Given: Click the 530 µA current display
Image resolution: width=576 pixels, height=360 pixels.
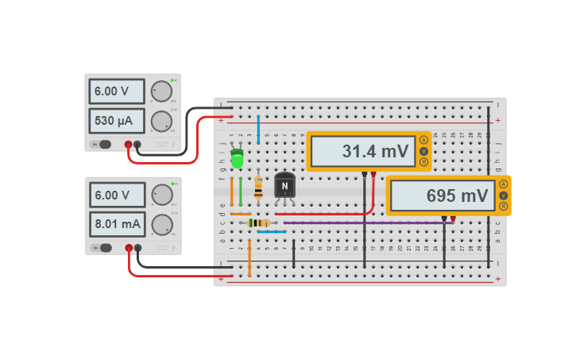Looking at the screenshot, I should pyautogui.click(x=116, y=122).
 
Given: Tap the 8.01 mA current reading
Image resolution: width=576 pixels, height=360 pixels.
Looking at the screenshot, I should pyautogui.click(x=116, y=225).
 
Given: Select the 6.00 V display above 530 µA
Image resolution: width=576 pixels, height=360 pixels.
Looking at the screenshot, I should pyautogui.click(x=116, y=91).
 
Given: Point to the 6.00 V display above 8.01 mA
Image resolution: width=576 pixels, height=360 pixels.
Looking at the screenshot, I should pyautogui.click(x=116, y=195).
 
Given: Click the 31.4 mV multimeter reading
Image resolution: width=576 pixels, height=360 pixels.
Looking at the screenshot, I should pyautogui.click(x=361, y=151).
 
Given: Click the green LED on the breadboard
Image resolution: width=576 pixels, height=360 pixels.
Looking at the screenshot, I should pyautogui.click(x=237, y=159).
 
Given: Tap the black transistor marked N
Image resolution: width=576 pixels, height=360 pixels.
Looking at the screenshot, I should pyautogui.click(x=284, y=187).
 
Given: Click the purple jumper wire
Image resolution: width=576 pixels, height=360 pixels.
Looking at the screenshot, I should pyautogui.click(x=365, y=223).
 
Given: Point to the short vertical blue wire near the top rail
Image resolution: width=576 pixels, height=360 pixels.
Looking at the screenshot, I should pyautogui.click(x=258, y=127).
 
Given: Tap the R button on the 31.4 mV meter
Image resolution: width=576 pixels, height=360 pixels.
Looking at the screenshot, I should pyautogui.click(x=423, y=162).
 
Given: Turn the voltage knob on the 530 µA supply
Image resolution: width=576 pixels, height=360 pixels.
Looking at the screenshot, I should pyautogui.click(x=161, y=91).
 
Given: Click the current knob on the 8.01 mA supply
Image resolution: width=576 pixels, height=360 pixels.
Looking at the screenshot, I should pyautogui.click(x=161, y=225).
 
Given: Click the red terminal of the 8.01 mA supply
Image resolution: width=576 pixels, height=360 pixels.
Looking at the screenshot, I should pyautogui.click(x=129, y=248).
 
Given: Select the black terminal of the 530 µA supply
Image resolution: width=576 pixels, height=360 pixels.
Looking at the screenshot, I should pyautogui.click(x=137, y=145).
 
